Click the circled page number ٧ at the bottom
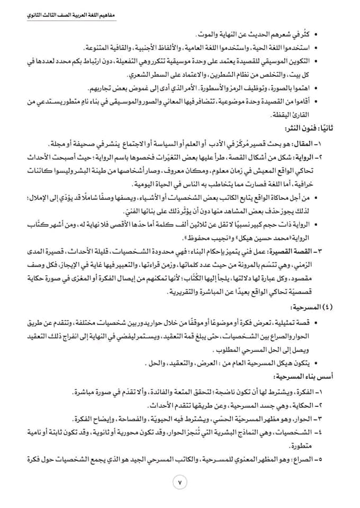[179, 482]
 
